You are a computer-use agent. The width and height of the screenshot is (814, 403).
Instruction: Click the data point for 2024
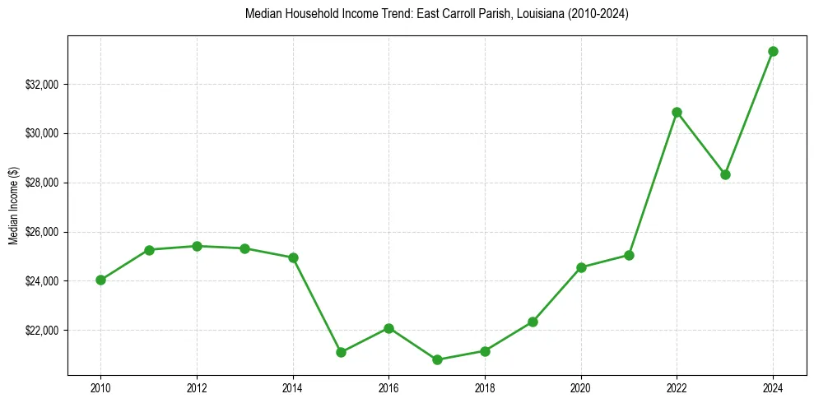coord(773,51)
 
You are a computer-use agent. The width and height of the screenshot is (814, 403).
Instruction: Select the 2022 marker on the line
coord(677,112)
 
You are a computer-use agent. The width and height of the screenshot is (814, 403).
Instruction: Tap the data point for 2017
coord(437,359)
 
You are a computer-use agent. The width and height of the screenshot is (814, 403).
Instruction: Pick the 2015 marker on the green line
coord(341,352)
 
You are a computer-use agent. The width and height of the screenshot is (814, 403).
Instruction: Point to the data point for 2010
coord(100,280)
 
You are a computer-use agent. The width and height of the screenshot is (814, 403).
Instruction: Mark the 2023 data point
coord(725,174)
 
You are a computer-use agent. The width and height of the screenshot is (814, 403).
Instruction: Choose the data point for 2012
coord(197,246)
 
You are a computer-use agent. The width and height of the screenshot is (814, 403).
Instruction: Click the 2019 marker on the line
coord(533,322)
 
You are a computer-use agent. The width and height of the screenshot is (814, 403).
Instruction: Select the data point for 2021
coord(629,255)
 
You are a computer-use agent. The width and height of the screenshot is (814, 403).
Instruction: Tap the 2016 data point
coord(388,328)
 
